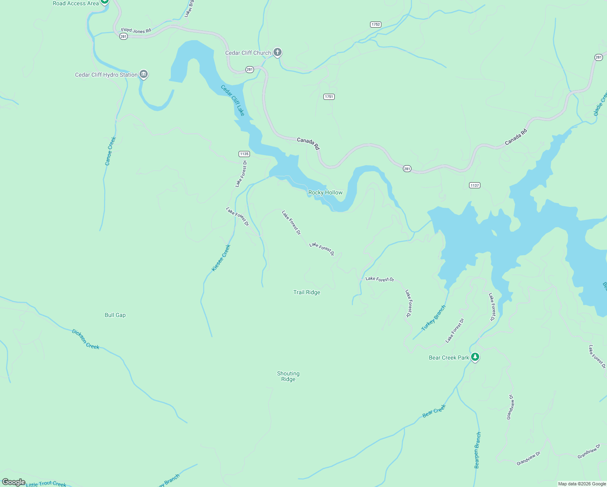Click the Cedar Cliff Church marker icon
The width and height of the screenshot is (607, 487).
pyautogui.click(x=278, y=52)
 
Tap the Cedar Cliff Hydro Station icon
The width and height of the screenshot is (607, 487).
pyautogui.click(x=143, y=74)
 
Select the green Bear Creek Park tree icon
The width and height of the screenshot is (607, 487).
pyautogui.click(x=475, y=357)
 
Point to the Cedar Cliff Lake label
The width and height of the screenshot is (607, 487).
pyautogui.click(x=233, y=100)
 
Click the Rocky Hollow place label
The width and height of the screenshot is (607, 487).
pyautogui.click(x=325, y=193)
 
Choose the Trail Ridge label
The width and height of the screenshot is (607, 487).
pyautogui.click(x=307, y=293)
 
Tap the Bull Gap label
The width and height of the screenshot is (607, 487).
pyautogui.click(x=115, y=315)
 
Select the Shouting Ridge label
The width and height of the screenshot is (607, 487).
pyautogui.click(x=288, y=377)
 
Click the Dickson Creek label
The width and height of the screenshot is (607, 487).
pyautogui.click(x=86, y=339)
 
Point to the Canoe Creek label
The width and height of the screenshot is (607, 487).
pyautogui.click(x=110, y=151)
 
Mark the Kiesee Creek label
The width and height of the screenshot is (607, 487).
pyautogui.click(x=221, y=258)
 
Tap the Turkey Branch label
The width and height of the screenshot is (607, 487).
pyautogui.click(x=433, y=318)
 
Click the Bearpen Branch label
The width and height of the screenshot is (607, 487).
pyautogui.click(x=478, y=450)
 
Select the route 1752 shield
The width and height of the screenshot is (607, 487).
pyautogui.click(x=376, y=25)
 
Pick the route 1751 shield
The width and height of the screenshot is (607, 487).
pyautogui.click(x=329, y=97)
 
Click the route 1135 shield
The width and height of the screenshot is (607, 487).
pyautogui.click(x=244, y=154)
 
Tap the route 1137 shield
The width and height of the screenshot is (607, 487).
pyautogui.click(x=474, y=185)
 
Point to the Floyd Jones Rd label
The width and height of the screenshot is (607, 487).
pyautogui.click(x=136, y=30)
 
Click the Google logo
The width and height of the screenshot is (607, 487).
pyautogui.click(x=13, y=482)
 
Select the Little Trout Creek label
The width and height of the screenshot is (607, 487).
pyautogui.click(x=46, y=484)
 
